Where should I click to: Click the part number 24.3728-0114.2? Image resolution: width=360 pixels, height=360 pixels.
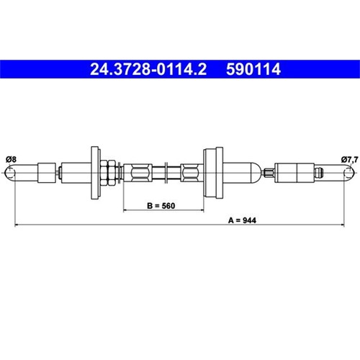tap(148, 69)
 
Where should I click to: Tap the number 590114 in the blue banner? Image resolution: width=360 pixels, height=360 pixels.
tap(253, 69)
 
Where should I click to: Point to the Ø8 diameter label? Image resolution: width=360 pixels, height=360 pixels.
tap(11, 159)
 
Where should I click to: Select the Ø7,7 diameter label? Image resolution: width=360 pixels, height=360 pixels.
tap(350, 159)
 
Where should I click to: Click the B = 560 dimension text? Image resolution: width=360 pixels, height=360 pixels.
tap(161, 206)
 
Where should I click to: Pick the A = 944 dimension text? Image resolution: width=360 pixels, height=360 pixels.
tap(242, 220)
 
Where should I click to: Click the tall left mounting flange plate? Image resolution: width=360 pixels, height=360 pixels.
tap(95, 173)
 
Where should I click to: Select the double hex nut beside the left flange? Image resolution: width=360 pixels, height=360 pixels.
tap(108, 173)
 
